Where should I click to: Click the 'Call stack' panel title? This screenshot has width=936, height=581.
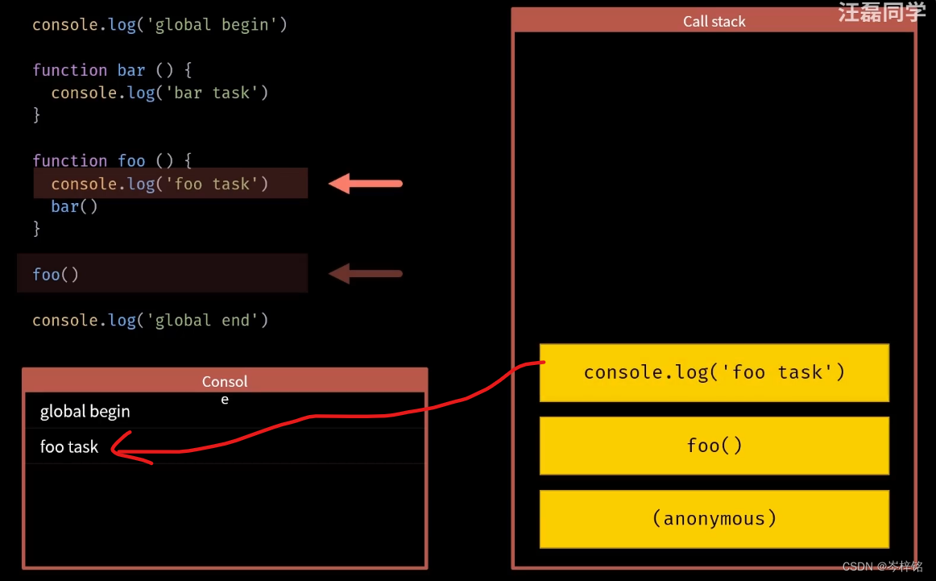[x=714, y=22]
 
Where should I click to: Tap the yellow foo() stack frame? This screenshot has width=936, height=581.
[x=714, y=446]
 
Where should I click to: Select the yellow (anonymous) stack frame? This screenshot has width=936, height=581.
[x=714, y=518]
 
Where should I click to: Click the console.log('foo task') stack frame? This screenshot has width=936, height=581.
[x=714, y=372]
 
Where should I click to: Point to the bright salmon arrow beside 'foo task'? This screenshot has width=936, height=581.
[x=366, y=184]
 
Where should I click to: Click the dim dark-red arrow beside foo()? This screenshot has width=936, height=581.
[x=366, y=274]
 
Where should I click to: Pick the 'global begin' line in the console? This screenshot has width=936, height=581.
[x=85, y=411]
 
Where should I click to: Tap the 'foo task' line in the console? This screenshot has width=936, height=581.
[x=69, y=446]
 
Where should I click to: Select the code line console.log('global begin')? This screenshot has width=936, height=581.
[x=159, y=25]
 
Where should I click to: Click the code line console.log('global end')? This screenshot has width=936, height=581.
[x=150, y=320]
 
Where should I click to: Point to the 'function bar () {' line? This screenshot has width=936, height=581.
[x=112, y=70]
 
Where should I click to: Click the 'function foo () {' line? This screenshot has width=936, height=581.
[x=112, y=160]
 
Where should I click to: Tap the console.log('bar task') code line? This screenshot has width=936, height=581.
[x=159, y=93]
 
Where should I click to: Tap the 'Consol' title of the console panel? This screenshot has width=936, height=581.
[x=225, y=381]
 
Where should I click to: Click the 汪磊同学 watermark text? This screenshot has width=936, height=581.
[x=881, y=12]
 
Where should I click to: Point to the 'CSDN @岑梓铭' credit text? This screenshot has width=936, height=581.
[x=882, y=566]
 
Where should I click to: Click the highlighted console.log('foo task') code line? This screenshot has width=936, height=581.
[x=159, y=184]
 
